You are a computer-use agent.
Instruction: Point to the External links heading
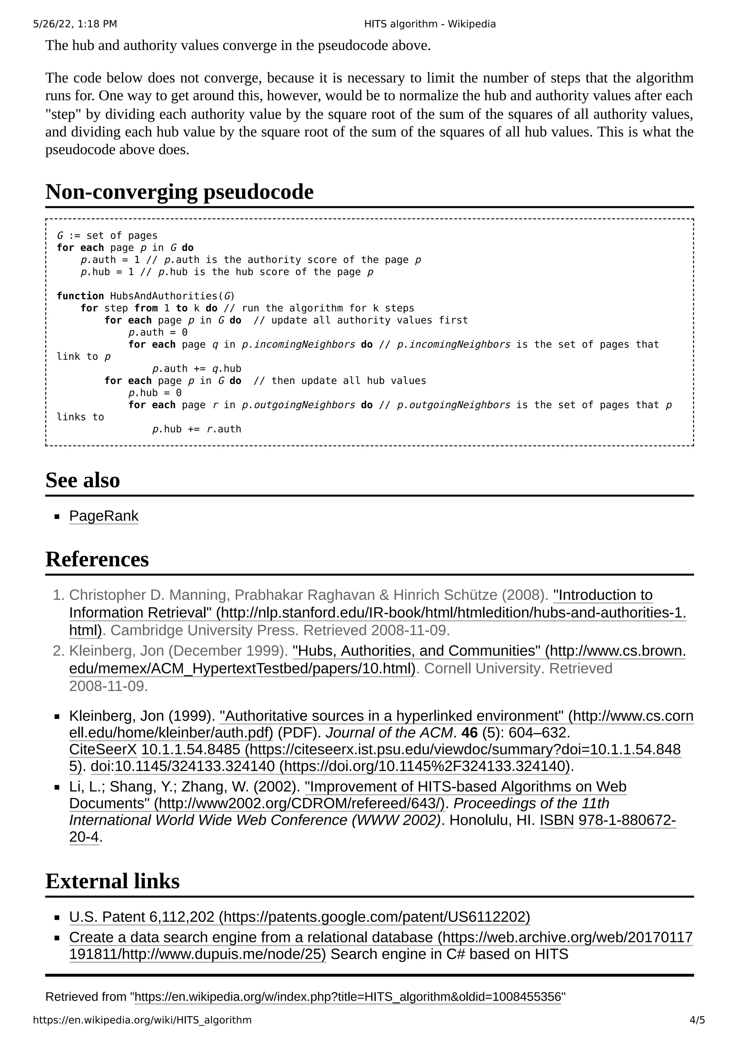[x=112, y=881]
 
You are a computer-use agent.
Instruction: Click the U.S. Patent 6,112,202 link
[x=299, y=917]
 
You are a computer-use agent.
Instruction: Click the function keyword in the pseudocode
[x=80, y=296]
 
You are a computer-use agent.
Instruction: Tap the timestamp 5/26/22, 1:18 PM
[x=75, y=24]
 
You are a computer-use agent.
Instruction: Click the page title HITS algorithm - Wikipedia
[x=430, y=24]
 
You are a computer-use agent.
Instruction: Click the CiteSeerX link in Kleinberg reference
[x=103, y=749]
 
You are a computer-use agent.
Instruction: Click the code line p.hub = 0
[x=155, y=393]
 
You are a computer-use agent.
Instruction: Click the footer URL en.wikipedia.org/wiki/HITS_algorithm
[x=142, y=1020]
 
